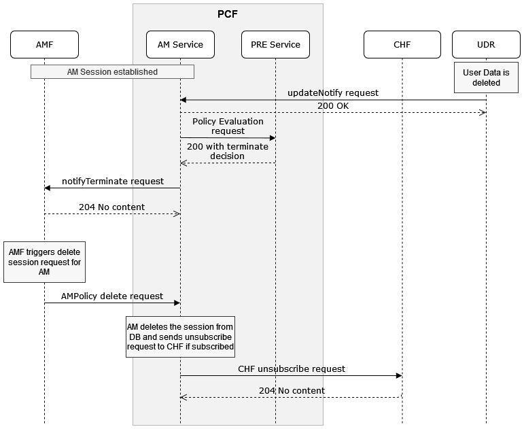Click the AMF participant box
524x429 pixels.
point(44,45)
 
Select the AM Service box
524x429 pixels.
point(180,45)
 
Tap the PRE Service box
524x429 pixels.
point(275,45)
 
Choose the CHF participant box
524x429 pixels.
point(402,45)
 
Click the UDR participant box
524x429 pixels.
point(486,45)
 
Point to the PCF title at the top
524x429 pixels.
point(228,14)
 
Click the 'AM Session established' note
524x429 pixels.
point(112,71)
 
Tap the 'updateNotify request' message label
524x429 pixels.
point(332,92)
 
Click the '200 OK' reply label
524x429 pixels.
point(332,106)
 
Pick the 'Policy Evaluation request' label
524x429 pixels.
point(228,126)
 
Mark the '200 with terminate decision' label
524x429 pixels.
point(228,151)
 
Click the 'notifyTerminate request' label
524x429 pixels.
point(112,181)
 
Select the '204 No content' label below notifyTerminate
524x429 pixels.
point(111,207)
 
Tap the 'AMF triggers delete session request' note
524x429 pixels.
point(44,262)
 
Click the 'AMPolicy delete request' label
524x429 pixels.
point(112,296)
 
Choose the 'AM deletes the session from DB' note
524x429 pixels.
point(180,337)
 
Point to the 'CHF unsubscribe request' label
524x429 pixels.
point(292,368)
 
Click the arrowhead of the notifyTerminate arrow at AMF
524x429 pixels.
point(48,188)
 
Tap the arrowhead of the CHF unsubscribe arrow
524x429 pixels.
point(398,375)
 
